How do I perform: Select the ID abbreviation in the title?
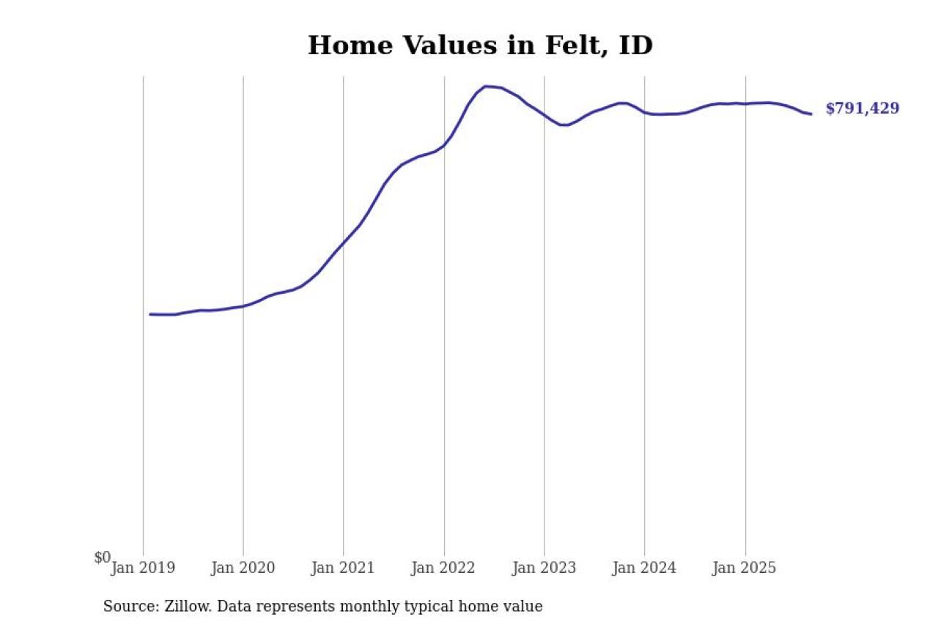pos(635,45)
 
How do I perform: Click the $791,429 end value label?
pos(862,108)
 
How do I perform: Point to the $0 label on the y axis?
pos(103,558)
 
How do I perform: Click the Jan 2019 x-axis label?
pos(143,568)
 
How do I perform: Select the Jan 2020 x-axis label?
pos(243,568)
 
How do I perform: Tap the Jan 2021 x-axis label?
pos(343,568)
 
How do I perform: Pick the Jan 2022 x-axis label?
pos(443,568)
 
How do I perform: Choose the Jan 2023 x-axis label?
pos(544,568)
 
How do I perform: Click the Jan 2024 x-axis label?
pos(644,568)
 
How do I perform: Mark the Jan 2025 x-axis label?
pos(745,568)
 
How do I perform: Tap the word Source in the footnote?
pos(128,607)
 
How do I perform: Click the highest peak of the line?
pos(486,86)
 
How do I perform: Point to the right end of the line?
pos(811,114)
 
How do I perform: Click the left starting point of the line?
pos(149,314)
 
